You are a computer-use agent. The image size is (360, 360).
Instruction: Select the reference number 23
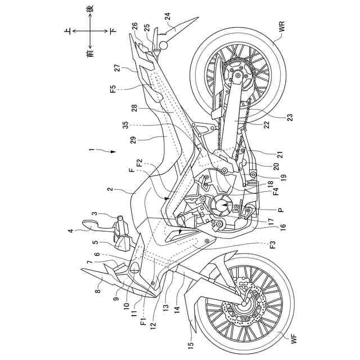[290, 116]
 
